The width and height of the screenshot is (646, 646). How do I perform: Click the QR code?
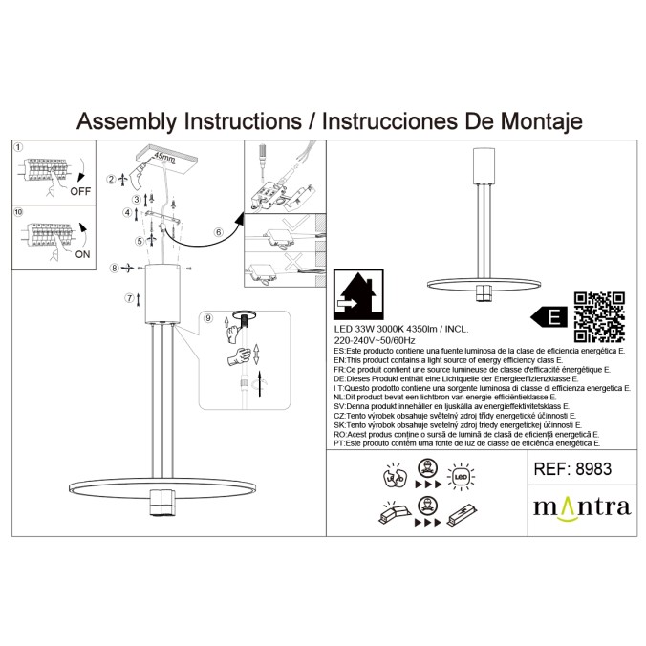click(x=599, y=316)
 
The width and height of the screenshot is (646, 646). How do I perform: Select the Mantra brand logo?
click(x=582, y=506)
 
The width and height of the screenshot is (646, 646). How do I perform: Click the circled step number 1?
click(x=18, y=148)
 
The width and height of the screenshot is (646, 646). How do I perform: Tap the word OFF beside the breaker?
click(x=81, y=191)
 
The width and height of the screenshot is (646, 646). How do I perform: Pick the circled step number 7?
click(x=130, y=298)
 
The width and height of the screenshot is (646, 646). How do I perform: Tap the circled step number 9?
click(x=209, y=317)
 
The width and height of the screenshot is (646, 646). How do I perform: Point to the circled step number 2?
click(x=111, y=179)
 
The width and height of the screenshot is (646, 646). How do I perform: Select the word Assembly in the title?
click(x=125, y=121)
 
